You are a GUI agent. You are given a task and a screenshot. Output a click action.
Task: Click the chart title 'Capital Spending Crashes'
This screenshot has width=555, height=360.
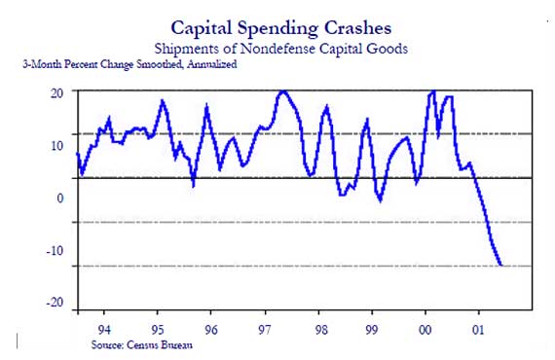pyautogui.click(x=281, y=27)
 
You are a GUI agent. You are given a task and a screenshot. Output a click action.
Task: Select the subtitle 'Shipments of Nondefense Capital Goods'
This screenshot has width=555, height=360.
pyautogui.click(x=281, y=47)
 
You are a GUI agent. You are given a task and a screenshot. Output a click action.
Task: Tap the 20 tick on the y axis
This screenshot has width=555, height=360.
pyautogui.click(x=57, y=92)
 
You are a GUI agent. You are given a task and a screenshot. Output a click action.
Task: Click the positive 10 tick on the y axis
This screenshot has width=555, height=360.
pyautogui.click(x=57, y=146)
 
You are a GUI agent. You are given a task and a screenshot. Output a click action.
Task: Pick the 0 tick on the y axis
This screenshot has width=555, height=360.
pyautogui.click(x=60, y=198)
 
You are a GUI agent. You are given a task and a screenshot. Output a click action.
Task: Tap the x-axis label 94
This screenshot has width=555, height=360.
pyautogui.click(x=104, y=328)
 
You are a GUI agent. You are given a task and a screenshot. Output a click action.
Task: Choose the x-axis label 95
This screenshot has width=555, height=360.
pyautogui.click(x=158, y=328)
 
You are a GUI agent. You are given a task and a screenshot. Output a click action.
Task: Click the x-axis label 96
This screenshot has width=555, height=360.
pyautogui.click(x=210, y=328)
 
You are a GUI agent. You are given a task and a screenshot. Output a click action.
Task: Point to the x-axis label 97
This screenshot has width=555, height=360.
pyautogui.click(x=264, y=328)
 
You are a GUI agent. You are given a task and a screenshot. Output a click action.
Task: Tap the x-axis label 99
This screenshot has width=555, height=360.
pyautogui.click(x=371, y=328)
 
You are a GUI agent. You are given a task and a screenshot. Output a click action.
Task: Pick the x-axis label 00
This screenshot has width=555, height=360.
pyautogui.click(x=425, y=328)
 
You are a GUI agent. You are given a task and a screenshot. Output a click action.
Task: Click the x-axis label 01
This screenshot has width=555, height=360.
pyautogui.click(x=477, y=328)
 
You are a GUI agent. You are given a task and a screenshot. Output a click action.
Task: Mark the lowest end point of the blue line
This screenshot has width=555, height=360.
pyautogui.click(x=500, y=265)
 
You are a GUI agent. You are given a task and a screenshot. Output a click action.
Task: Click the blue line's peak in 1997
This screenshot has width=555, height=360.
pyautogui.click(x=282, y=91)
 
